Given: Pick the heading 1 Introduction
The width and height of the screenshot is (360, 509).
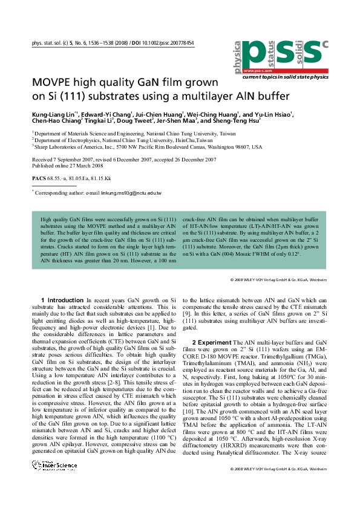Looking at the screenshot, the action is tap(62, 300).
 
